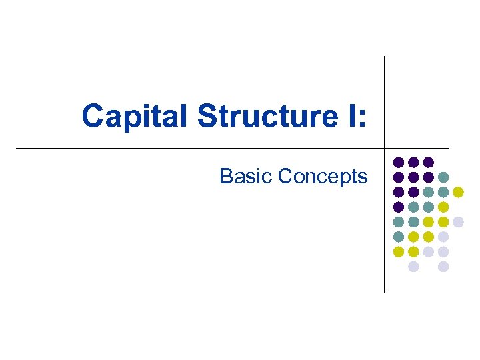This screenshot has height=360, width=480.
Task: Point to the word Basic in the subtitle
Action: pyautogui.click(x=246, y=176)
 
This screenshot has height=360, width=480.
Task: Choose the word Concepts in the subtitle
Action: pyautogui.click(x=323, y=176)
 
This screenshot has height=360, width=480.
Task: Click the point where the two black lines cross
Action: pyautogui.click(x=385, y=148)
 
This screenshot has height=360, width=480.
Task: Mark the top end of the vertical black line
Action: pyautogui.click(x=385, y=57)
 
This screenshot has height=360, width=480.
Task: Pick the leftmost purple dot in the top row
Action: pyautogui.click(x=399, y=162)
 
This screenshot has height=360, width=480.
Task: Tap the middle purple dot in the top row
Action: pyautogui.click(x=413, y=162)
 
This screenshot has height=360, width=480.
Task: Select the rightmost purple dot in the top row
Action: pyautogui.click(x=429, y=162)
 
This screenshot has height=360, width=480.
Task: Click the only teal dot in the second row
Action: pyautogui.click(x=443, y=177)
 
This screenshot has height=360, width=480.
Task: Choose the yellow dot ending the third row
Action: pyautogui.click(x=458, y=192)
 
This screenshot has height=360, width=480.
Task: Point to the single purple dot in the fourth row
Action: pyautogui.click(x=399, y=207)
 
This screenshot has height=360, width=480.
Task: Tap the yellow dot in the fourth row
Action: pyautogui.click(x=443, y=207)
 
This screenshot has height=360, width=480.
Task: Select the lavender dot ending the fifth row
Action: pyautogui.click(x=458, y=222)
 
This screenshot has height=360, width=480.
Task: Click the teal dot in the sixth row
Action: pyautogui.click(x=399, y=237)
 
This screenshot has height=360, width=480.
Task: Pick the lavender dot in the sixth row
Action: pyautogui.click(x=443, y=237)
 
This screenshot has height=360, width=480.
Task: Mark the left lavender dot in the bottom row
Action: pyautogui.click(x=413, y=267)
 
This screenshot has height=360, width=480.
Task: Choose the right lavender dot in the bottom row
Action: pyautogui.click(x=443, y=267)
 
